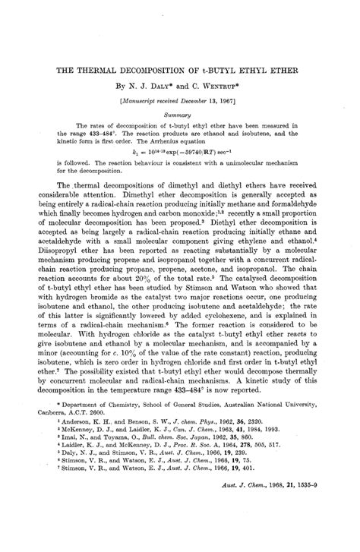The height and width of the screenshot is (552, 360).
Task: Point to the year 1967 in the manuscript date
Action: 238,100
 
